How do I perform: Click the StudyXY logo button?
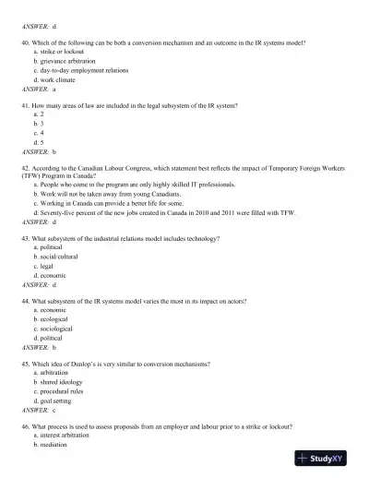pyautogui.click(x=328, y=459)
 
